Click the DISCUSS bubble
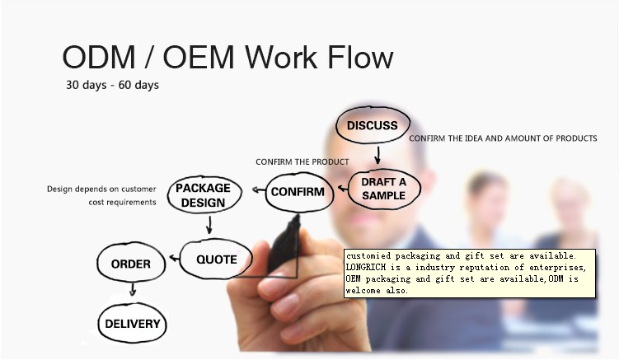click(x=372, y=126)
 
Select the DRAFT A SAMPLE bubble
click(x=383, y=189)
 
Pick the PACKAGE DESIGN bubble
click(x=203, y=195)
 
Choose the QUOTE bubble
click(x=216, y=259)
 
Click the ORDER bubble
click(x=130, y=264)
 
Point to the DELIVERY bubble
click(x=132, y=324)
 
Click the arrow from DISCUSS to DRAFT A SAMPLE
click(x=377, y=154)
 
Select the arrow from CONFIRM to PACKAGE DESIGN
click(x=257, y=193)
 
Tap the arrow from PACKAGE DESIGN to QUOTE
click(x=209, y=224)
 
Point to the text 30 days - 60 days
click(x=113, y=85)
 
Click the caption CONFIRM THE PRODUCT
click(x=302, y=161)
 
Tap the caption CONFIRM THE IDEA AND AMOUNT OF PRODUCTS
click(x=503, y=138)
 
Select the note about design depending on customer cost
click(x=101, y=195)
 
